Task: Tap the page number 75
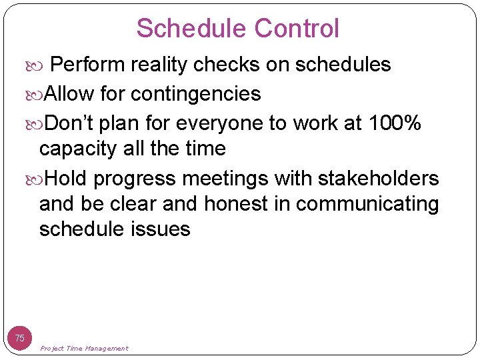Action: click(x=20, y=338)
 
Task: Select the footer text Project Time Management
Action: click(x=84, y=349)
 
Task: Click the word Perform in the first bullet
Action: click(x=88, y=65)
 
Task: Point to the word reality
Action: click(x=160, y=65)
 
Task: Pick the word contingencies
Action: click(x=196, y=94)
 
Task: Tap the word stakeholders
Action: click(x=379, y=179)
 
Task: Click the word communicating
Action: click(x=367, y=203)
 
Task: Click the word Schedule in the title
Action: click(x=192, y=29)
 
